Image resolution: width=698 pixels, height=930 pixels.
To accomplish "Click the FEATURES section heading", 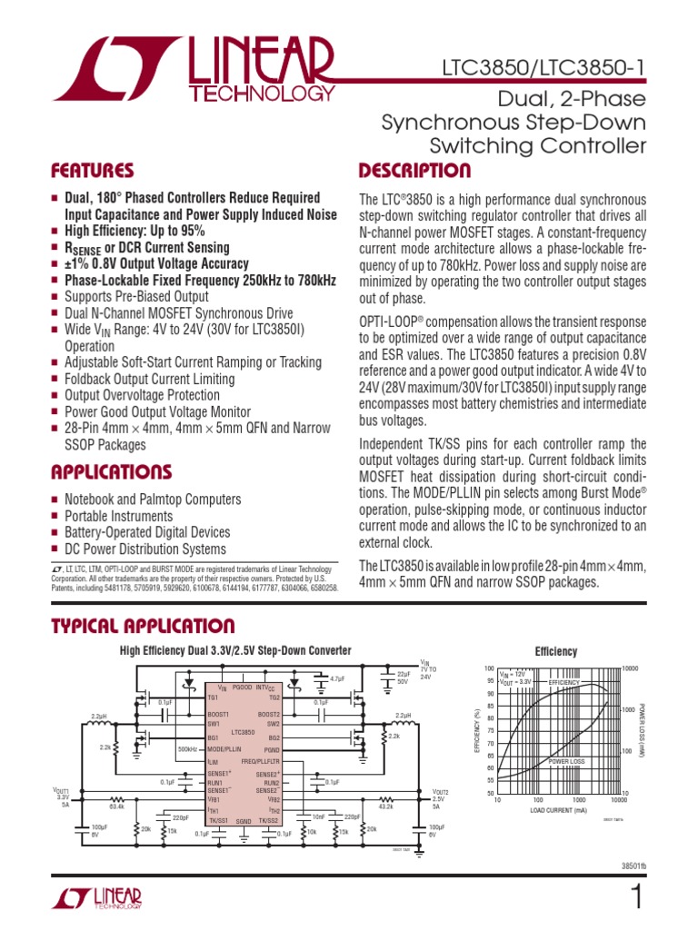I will [93, 171].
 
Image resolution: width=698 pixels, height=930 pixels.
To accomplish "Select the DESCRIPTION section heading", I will [414, 171].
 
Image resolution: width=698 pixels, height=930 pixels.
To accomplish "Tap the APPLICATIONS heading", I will [112, 471].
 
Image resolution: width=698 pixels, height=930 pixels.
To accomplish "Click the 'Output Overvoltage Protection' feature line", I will [142, 395].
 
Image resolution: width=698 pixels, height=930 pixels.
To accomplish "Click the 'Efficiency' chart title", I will [555, 652].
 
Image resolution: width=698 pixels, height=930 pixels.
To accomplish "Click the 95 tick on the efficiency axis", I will [491, 680].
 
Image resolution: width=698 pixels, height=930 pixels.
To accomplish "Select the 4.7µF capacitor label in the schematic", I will [337, 678].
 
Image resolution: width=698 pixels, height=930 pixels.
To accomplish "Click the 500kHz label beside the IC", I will [187, 749].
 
